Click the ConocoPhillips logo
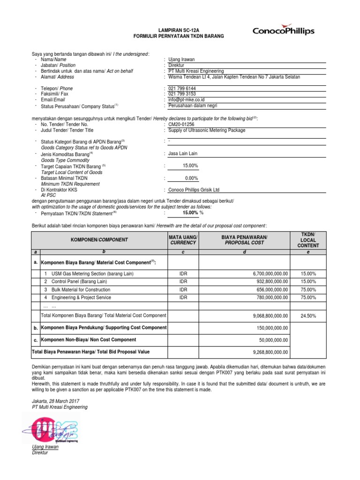(x=283, y=31)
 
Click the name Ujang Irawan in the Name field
(x=181, y=60)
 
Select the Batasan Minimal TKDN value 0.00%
(x=191, y=178)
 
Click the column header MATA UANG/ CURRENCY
(x=183, y=240)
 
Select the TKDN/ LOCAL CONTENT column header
(x=308, y=239)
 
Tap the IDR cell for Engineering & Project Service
(x=183, y=297)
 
